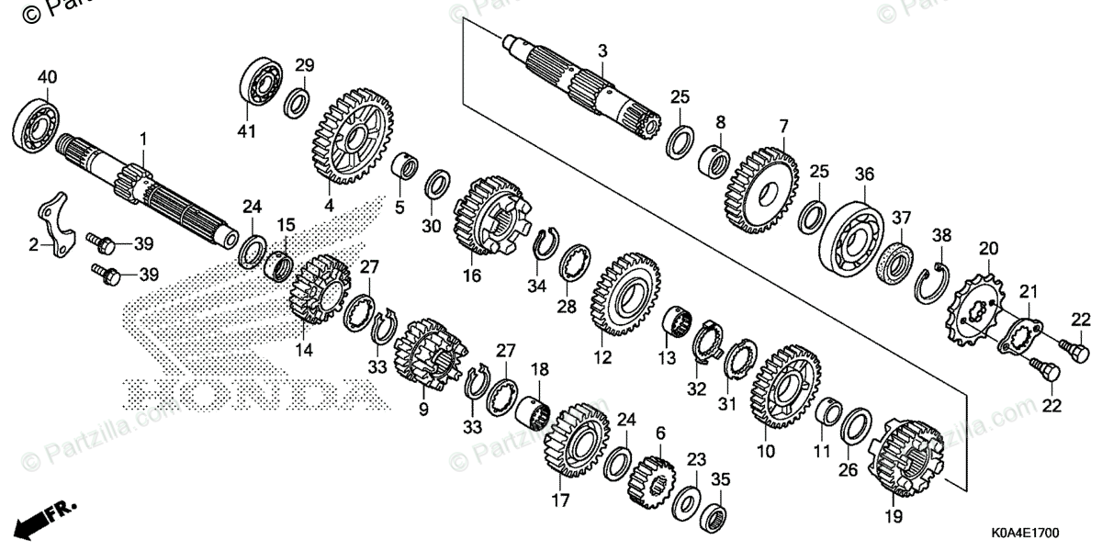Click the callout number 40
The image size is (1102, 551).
click(47, 75)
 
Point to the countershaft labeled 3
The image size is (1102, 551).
click(588, 92)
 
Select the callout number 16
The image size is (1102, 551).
click(472, 275)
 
